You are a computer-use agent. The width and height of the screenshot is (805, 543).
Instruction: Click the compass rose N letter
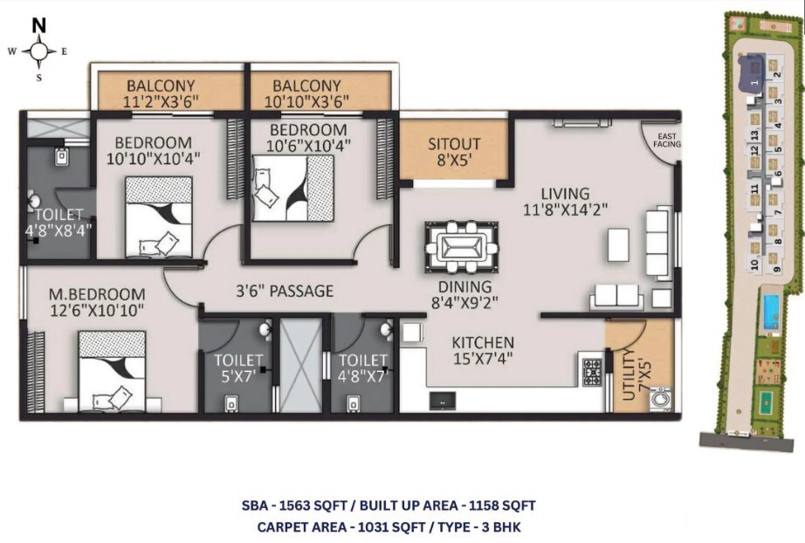click(x=39, y=24)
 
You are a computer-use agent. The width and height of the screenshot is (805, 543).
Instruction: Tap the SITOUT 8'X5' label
click(x=453, y=152)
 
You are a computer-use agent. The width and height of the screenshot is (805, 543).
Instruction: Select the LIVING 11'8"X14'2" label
click(x=564, y=201)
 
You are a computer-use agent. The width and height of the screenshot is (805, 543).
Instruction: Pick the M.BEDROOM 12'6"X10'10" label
click(x=96, y=302)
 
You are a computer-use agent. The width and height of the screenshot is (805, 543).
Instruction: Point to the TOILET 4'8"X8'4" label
click(x=58, y=223)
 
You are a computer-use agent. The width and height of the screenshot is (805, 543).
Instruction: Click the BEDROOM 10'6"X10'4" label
click(x=301, y=137)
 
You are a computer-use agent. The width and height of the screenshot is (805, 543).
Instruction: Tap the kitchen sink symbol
click(x=443, y=399)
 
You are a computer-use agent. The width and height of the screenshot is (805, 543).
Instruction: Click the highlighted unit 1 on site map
click(x=753, y=73)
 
